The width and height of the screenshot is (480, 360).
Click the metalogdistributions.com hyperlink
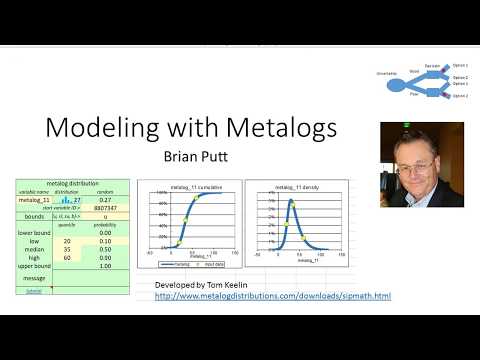273,296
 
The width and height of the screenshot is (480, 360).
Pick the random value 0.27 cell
105,200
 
